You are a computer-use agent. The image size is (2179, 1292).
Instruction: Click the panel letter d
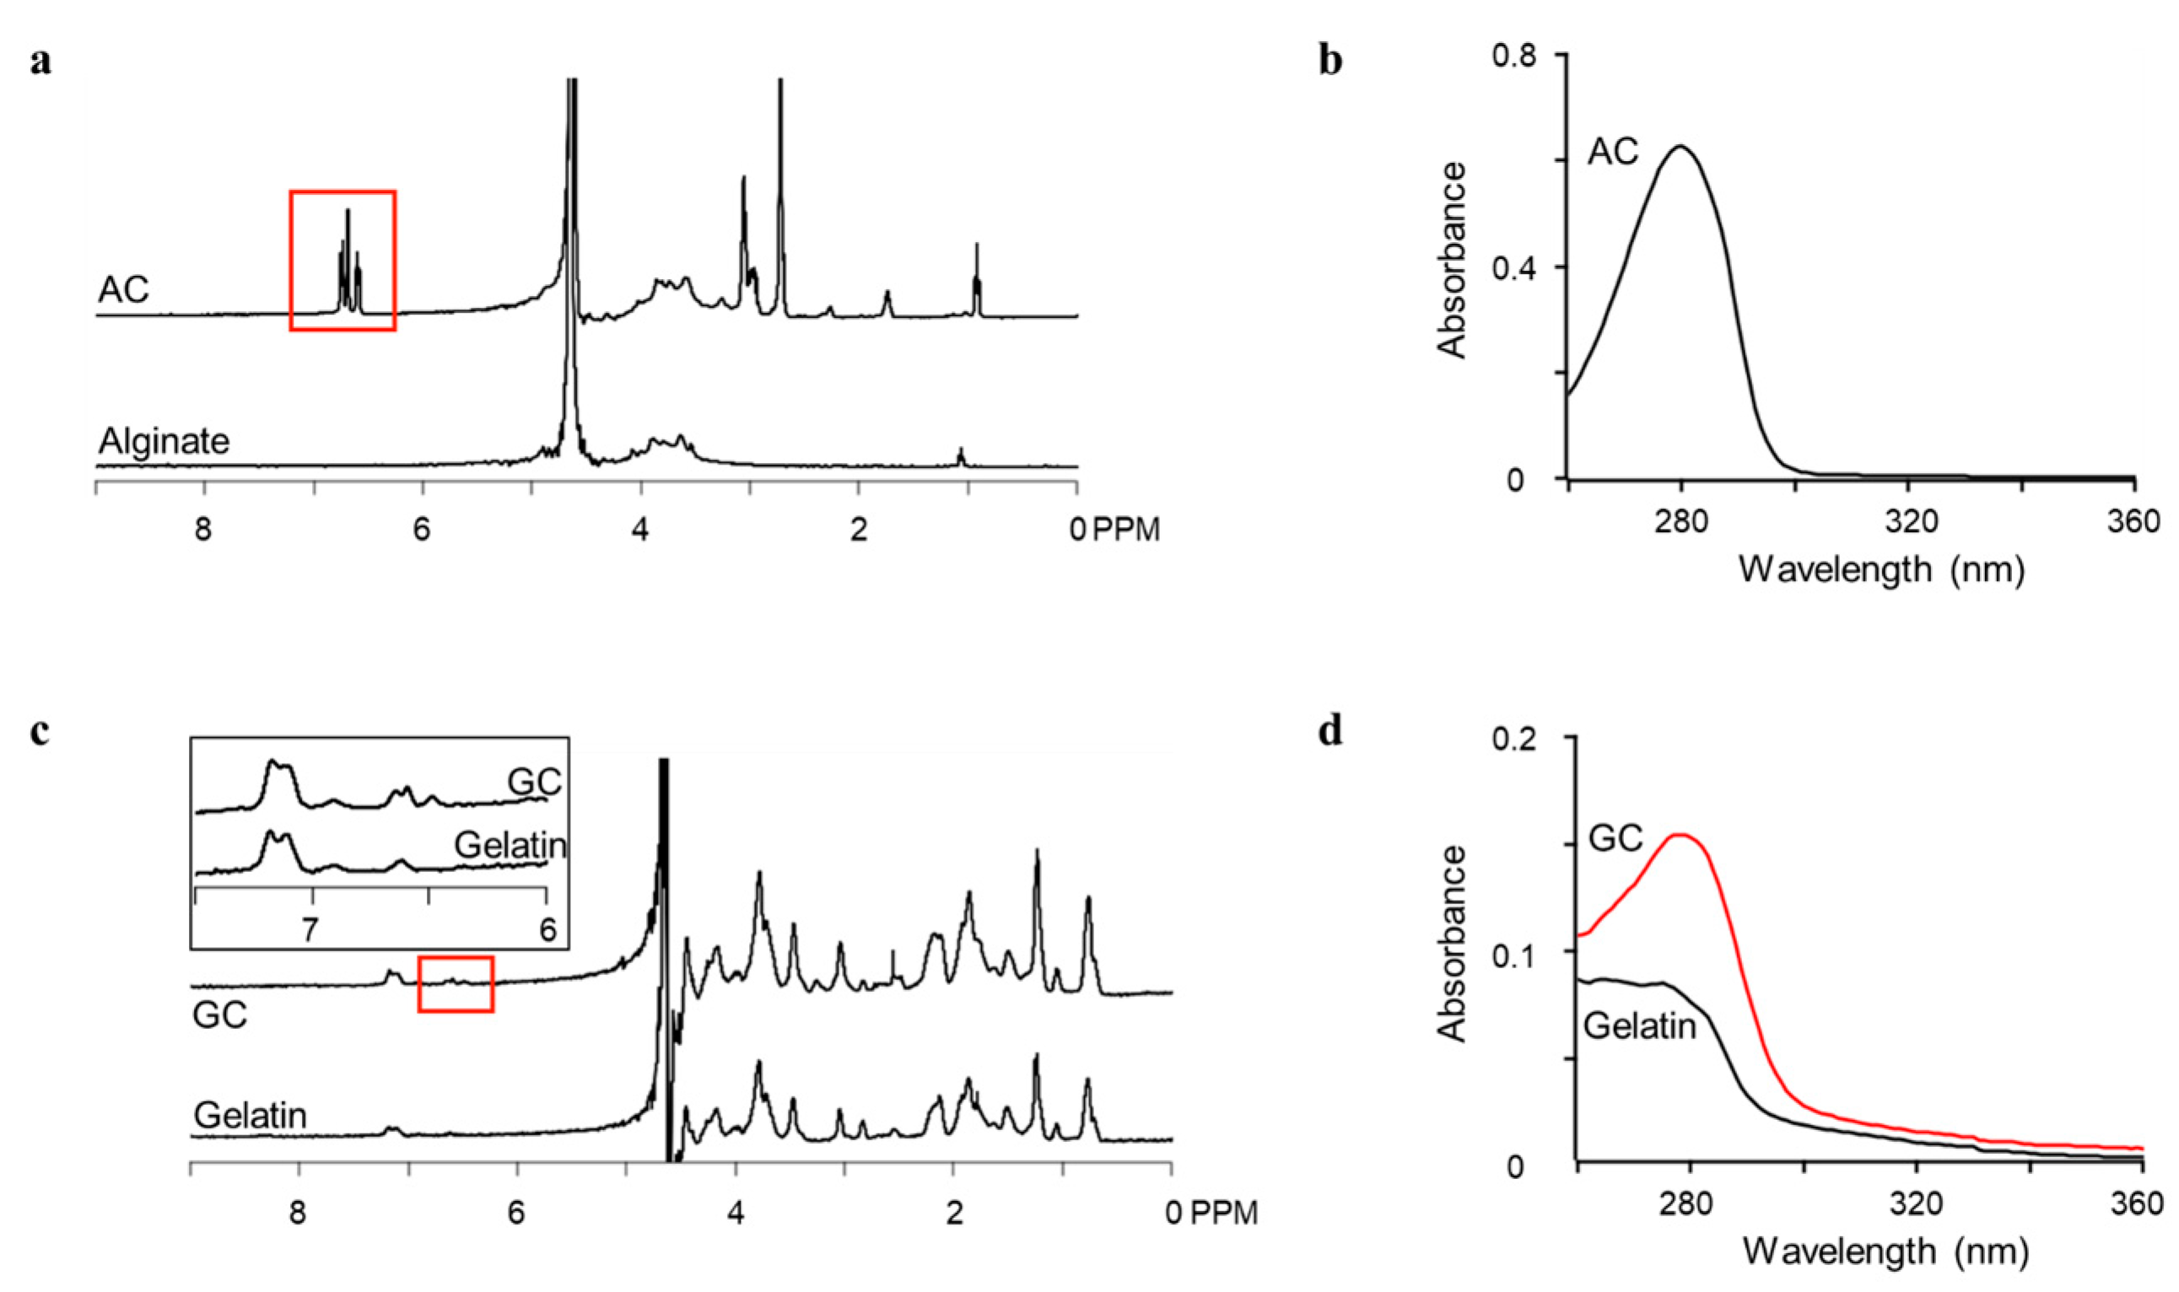(1330, 732)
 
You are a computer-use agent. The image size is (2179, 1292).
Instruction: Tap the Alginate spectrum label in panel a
(164, 441)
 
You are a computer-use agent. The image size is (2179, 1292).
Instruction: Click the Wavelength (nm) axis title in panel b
(1881, 570)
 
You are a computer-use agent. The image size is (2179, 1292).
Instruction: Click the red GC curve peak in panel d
(1680, 835)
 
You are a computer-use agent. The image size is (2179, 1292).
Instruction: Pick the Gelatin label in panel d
(1639, 1026)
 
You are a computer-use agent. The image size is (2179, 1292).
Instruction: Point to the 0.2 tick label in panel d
(1529, 738)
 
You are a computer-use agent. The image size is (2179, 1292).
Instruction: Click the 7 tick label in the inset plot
(310, 929)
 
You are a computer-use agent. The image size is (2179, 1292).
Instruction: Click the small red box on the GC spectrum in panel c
(456, 984)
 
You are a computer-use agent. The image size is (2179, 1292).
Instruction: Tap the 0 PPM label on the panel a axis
(1114, 530)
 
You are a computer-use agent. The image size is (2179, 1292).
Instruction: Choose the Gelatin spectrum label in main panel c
(250, 1115)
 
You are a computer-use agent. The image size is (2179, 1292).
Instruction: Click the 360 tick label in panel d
(2137, 1204)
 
